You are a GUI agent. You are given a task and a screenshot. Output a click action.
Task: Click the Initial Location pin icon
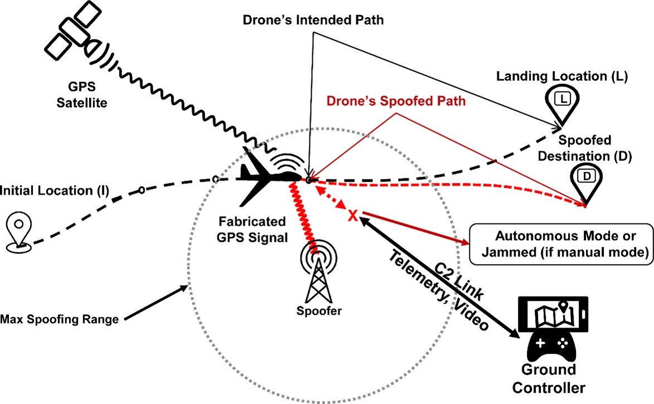coord(18,231)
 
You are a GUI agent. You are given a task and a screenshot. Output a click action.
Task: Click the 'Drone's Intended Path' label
coord(314,21)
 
